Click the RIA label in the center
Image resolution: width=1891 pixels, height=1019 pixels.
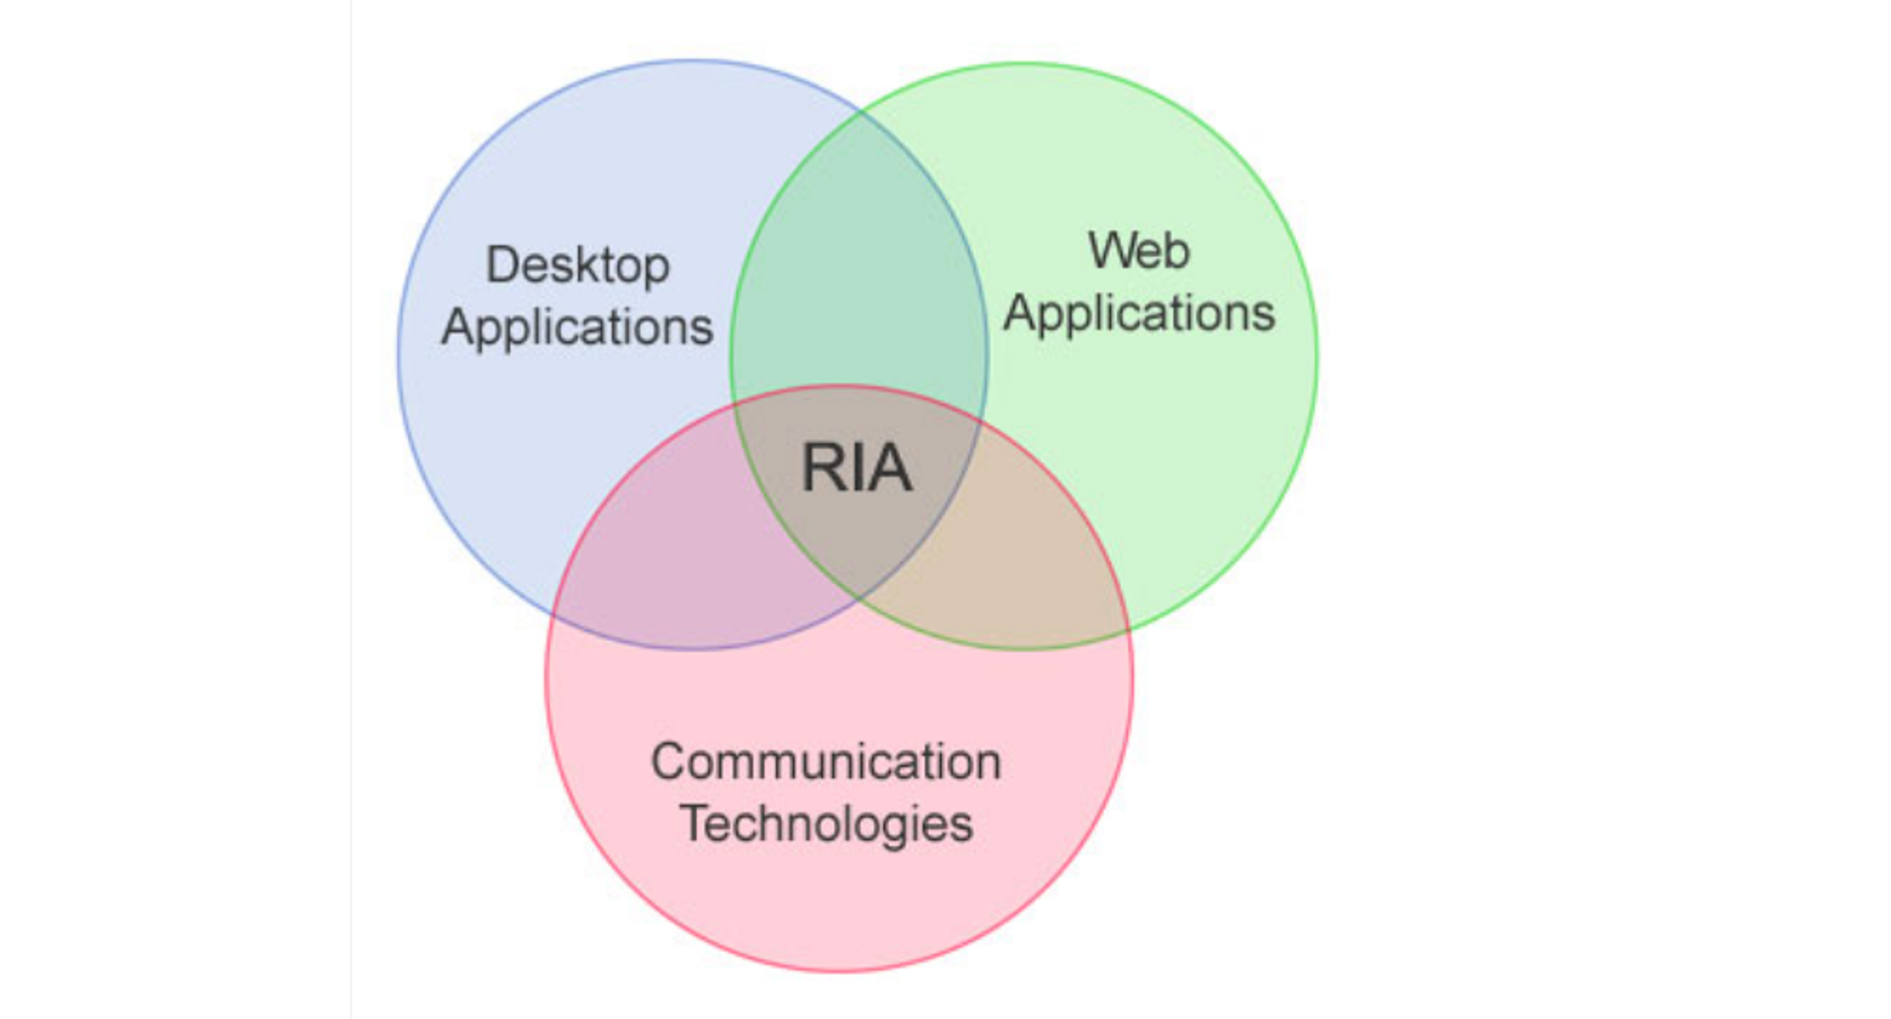pos(857,469)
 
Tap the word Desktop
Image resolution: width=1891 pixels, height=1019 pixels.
pos(578,266)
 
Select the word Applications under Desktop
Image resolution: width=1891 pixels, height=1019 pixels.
pos(577,327)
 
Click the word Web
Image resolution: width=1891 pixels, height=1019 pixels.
pos(1138,251)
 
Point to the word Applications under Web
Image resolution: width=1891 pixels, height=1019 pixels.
pos(1139,313)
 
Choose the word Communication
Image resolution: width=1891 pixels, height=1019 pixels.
pos(825,762)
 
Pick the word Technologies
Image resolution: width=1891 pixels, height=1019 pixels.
pos(826,823)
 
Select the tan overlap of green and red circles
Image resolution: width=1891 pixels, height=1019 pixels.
pos(1025,554)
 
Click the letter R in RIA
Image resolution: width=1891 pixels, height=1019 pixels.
pos(820,469)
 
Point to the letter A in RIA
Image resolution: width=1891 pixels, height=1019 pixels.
pos(892,469)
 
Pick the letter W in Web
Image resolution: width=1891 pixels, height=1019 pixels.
pos(1112,251)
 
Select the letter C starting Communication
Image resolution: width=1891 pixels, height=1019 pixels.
pos(667,762)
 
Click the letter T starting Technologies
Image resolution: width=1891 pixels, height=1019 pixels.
pos(695,823)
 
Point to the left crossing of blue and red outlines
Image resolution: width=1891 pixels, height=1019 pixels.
pos(554,614)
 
